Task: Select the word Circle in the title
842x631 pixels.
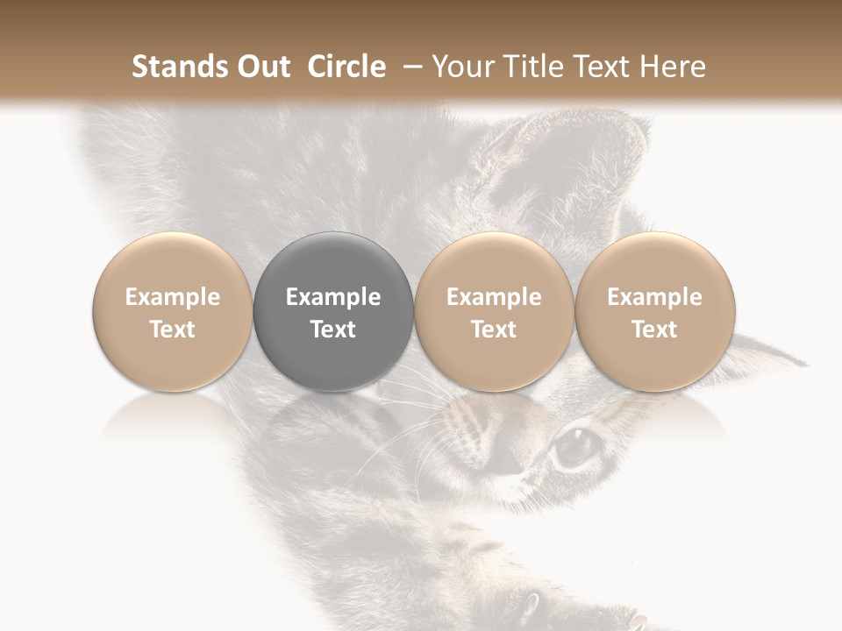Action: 346,67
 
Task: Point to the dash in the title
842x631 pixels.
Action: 410,67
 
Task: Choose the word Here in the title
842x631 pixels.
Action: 672,67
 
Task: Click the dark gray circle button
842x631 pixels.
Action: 333,312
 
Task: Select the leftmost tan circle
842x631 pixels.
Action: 173,312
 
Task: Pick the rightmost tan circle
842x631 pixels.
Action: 655,312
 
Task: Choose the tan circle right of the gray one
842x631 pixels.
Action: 494,312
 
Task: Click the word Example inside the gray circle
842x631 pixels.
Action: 333,297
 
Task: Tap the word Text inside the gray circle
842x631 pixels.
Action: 333,329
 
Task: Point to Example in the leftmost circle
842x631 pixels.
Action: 173,297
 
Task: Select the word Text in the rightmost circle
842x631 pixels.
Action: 655,329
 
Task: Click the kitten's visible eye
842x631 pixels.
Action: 575,446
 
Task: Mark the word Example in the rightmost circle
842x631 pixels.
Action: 655,297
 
